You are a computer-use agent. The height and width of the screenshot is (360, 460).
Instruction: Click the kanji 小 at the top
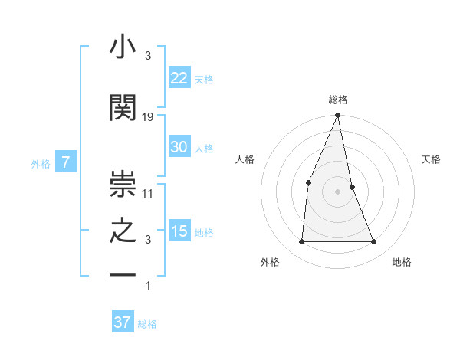pyautogui.click(x=123, y=47)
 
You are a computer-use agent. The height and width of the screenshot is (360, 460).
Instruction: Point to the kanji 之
pyautogui.click(x=123, y=231)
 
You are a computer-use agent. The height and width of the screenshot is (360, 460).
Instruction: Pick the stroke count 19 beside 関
pyautogui.click(x=148, y=116)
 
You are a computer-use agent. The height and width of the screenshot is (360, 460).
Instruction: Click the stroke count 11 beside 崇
pyautogui.click(x=148, y=193)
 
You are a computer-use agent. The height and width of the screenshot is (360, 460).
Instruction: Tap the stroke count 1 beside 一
pyautogui.click(x=148, y=286)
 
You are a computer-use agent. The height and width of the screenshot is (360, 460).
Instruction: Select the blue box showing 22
pyautogui.click(x=179, y=78)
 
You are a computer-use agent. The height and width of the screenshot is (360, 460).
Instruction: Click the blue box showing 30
pyautogui.click(x=179, y=148)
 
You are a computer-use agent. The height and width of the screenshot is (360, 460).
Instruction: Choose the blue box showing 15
pyautogui.click(x=179, y=232)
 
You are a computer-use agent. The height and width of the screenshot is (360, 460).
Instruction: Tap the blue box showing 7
pyautogui.click(x=66, y=162)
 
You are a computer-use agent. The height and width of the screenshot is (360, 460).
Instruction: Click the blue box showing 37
pyautogui.click(x=122, y=322)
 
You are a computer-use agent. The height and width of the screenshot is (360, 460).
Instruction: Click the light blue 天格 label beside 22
pyautogui.click(x=204, y=79)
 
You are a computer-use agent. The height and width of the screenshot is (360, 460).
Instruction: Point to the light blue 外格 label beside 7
pyautogui.click(x=41, y=163)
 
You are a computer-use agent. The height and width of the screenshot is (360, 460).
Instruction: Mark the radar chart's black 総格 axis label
pyautogui.click(x=338, y=100)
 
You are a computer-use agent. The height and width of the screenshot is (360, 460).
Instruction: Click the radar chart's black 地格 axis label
pyautogui.click(x=402, y=262)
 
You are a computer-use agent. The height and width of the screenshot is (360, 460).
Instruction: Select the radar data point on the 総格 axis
pyautogui.click(x=337, y=116)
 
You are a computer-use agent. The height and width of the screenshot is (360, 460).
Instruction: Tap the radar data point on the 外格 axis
pyautogui.click(x=301, y=242)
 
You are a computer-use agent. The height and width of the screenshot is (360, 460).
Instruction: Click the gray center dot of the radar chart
pyautogui.click(x=337, y=191)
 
